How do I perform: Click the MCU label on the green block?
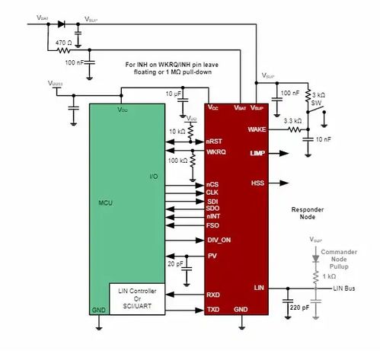point(107,204)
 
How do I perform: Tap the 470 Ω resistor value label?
point(63,43)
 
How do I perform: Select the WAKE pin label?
point(257,129)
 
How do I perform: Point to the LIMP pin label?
point(257,154)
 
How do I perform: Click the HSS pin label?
point(257,183)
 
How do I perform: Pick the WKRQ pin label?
point(217,151)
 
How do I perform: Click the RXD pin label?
point(214,294)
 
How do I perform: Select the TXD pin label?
point(214,310)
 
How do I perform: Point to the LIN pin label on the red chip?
point(259,287)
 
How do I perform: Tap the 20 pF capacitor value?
point(176,263)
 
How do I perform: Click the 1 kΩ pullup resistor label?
point(327,276)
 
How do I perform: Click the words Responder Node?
point(309,212)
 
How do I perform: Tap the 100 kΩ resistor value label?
point(178,161)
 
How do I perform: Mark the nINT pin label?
point(215,216)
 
